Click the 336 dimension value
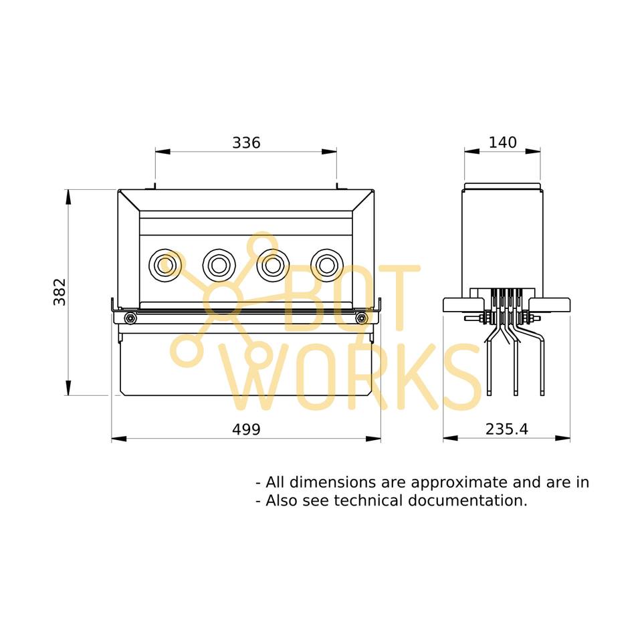pos(246,142)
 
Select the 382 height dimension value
pos(60,292)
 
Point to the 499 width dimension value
pos(246,429)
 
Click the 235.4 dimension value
pos(506,429)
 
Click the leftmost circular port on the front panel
pos(165,265)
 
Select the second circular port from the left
pos(219,265)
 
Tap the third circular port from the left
pos(273,265)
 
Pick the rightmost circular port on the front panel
pos(327,265)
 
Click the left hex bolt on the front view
pos(130,318)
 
